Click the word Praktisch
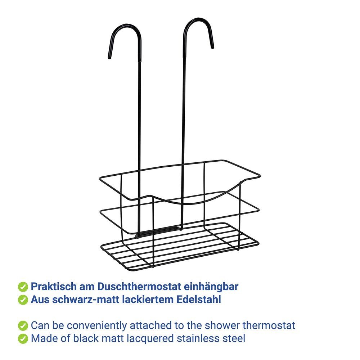coord(54,287)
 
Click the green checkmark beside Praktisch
coord(23,287)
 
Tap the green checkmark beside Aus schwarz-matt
coord(23,300)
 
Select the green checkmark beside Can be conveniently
coord(23,326)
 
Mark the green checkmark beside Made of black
coord(23,339)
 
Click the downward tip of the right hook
coord(212,47)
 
